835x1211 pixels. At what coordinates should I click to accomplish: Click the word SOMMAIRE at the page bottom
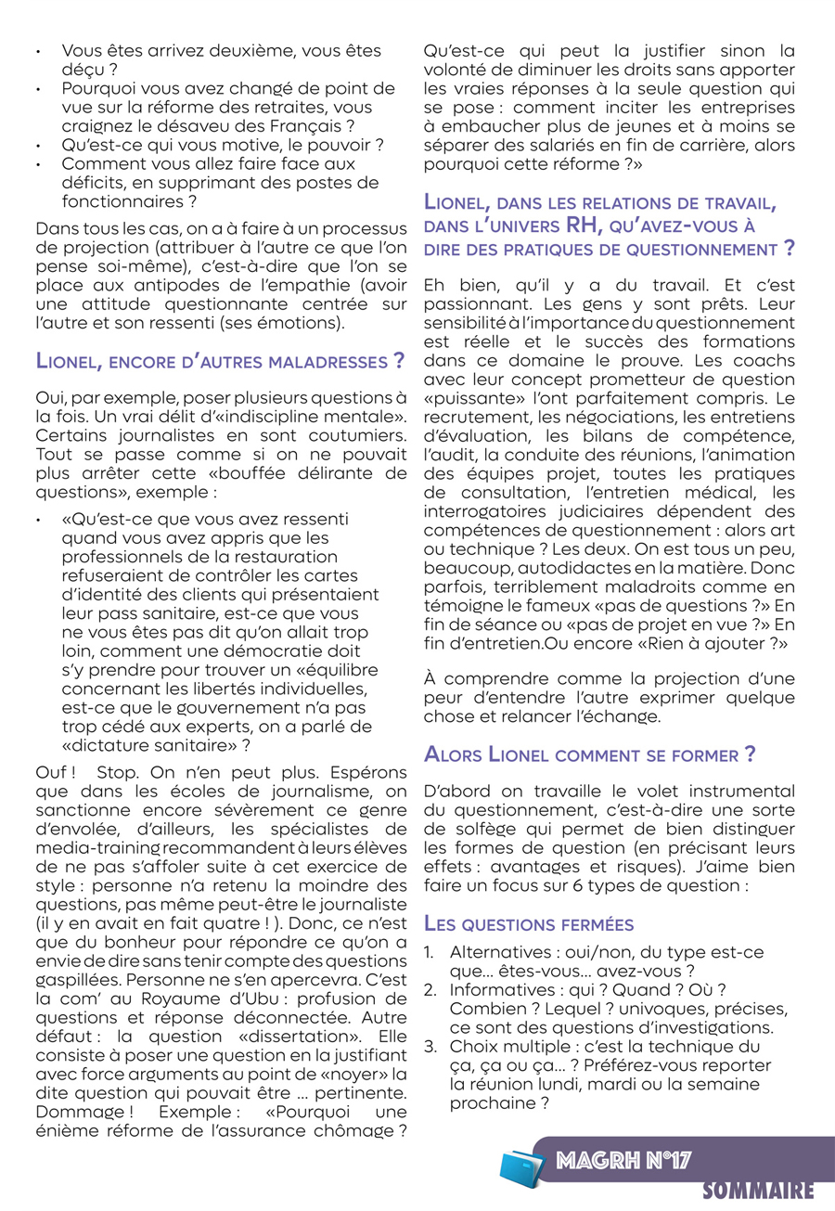758,1191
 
